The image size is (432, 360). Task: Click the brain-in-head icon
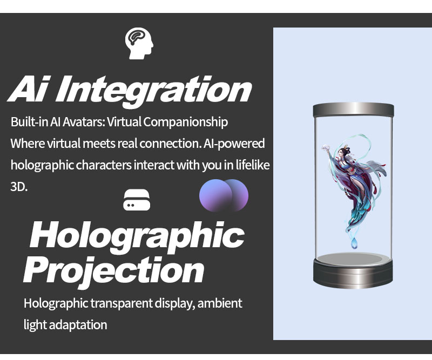tap(139, 43)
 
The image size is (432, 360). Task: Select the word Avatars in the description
tap(84, 122)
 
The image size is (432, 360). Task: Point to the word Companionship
tap(185, 122)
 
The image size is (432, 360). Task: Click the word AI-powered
tap(234, 144)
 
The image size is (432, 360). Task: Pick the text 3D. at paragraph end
tap(19, 187)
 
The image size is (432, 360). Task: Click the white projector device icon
tap(137, 200)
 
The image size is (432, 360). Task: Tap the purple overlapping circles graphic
tap(224, 195)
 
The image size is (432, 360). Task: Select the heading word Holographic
tap(137, 237)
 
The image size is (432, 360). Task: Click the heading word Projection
tap(114, 271)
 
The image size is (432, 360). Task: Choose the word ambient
tap(220, 303)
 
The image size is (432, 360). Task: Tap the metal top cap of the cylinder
tap(354, 110)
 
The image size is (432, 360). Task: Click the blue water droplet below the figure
tap(354, 243)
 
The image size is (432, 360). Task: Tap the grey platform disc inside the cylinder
tap(353, 259)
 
